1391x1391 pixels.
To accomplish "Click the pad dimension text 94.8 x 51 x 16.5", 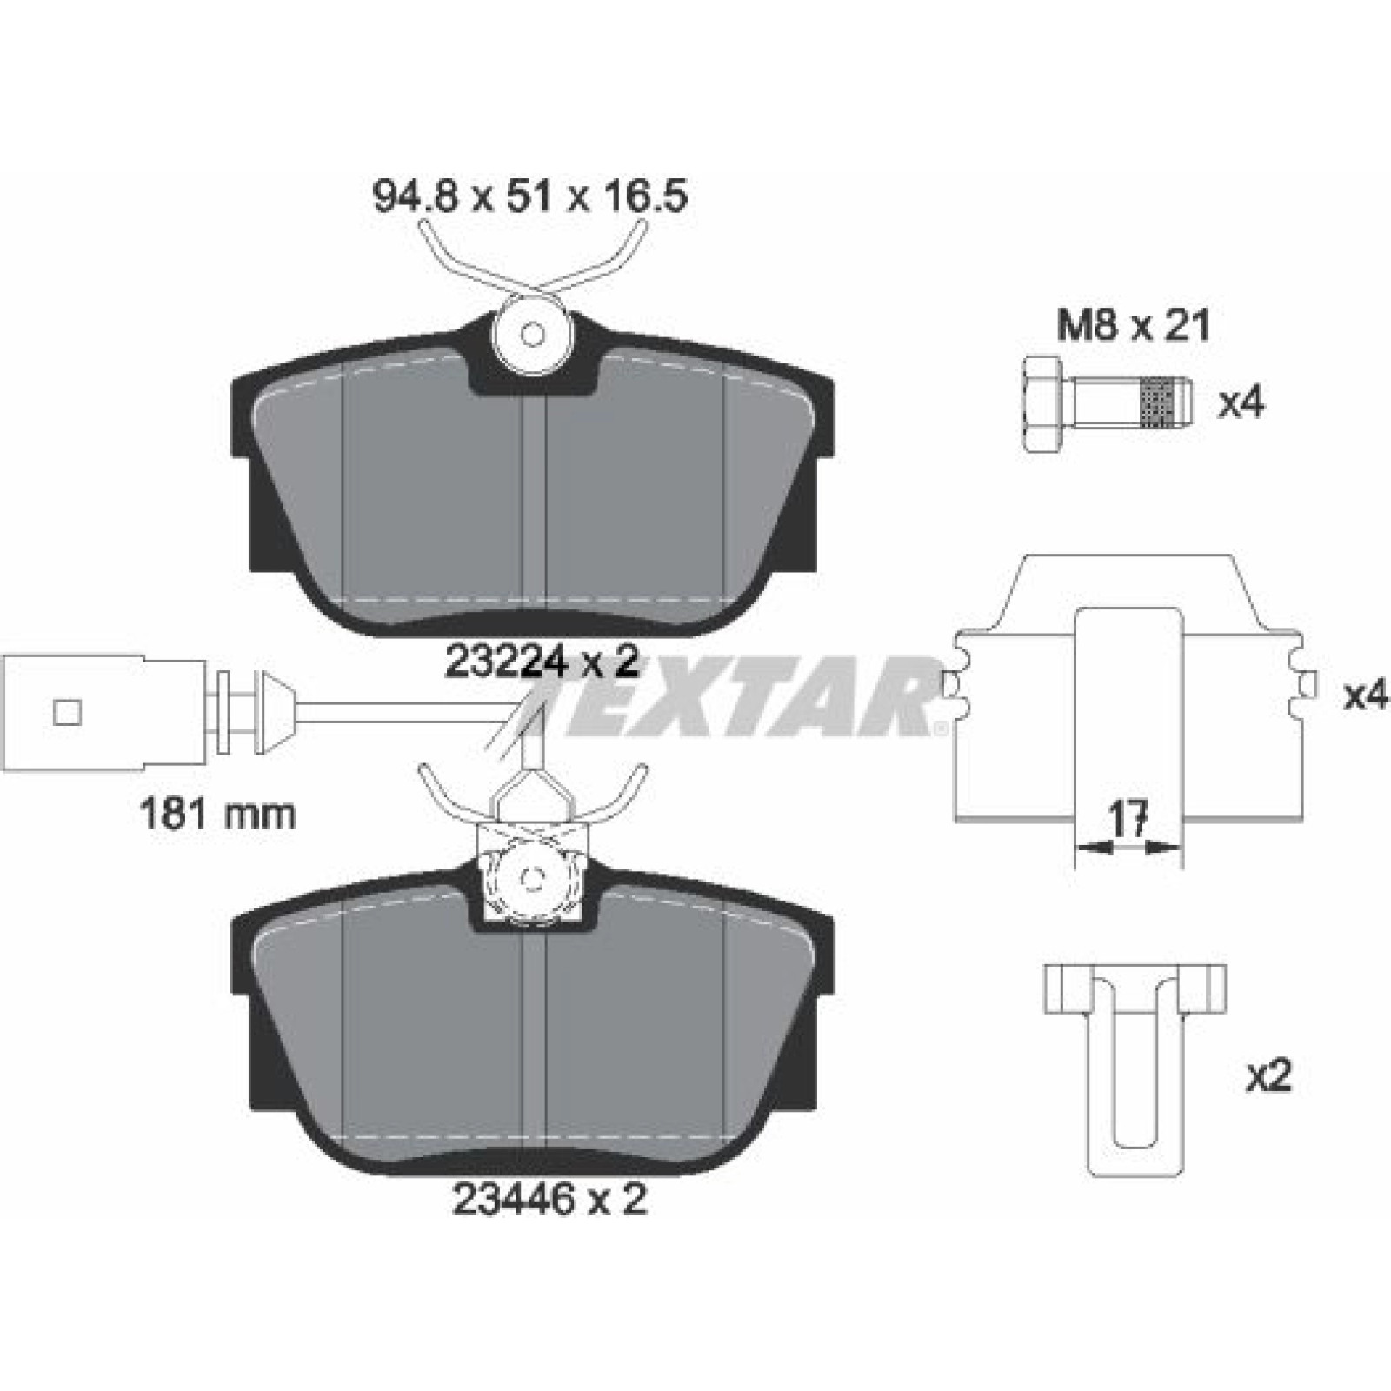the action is click(x=530, y=196).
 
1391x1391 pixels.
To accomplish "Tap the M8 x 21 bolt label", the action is click(x=1133, y=327).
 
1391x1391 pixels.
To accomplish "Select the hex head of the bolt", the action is click(x=1048, y=403).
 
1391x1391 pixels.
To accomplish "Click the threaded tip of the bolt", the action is click(x=1165, y=403).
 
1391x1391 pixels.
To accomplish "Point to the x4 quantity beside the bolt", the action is click(x=1241, y=403).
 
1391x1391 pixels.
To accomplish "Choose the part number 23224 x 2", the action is click(x=542, y=662).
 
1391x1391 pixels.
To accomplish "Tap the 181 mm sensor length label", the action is click(x=218, y=815).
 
